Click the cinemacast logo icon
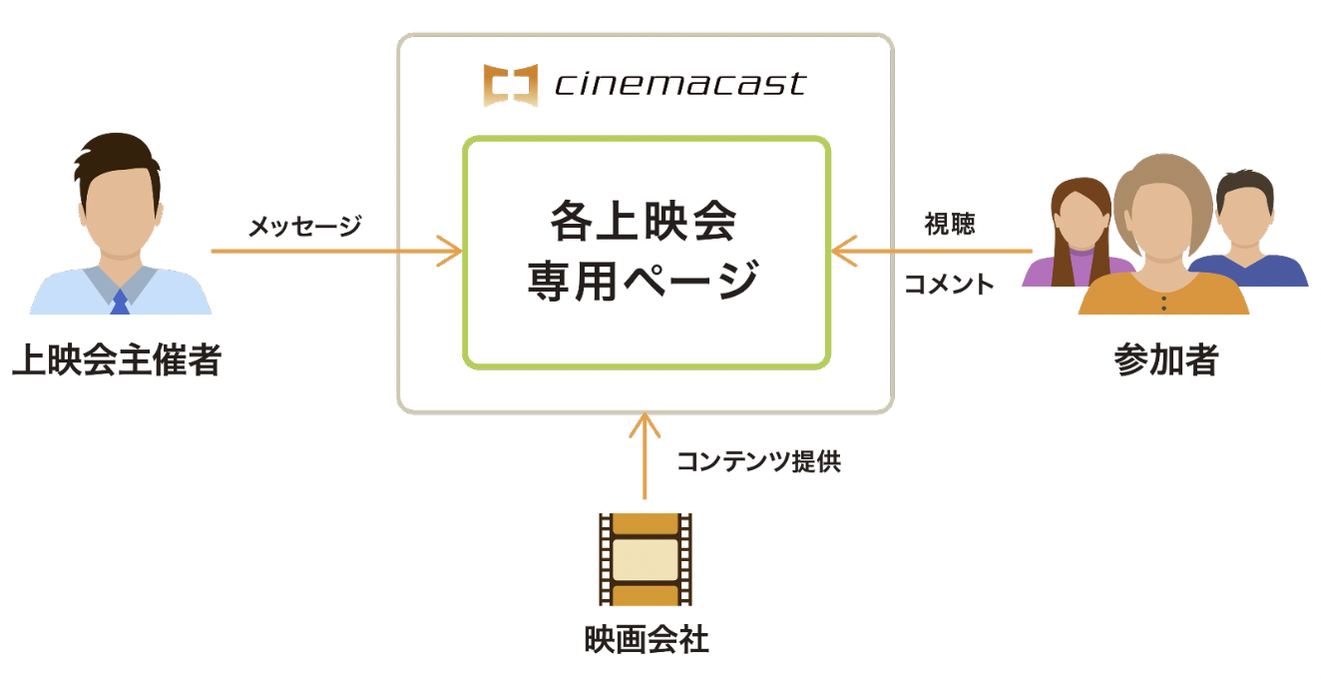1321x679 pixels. pyautogui.click(x=510, y=85)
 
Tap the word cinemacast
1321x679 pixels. pyautogui.click(x=679, y=84)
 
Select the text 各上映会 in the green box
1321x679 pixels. pyautogui.click(x=644, y=222)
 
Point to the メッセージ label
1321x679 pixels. pyautogui.click(x=304, y=228)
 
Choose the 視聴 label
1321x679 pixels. pyautogui.click(x=949, y=225)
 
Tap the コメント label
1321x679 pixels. pyautogui.click(x=949, y=285)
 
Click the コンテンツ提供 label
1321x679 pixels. pyautogui.click(x=758, y=461)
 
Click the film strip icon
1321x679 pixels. pyautogui.click(x=645, y=559)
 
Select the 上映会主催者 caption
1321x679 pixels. pyautogui.click(x=116, y=360)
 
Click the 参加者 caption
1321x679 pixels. pyautogui.click(x=1165, y=360)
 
